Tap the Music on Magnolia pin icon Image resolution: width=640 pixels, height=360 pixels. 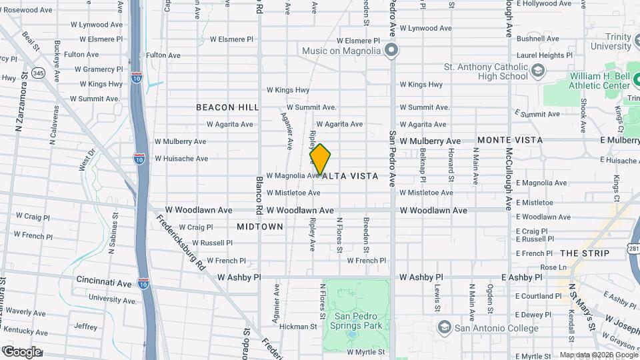[391, 51]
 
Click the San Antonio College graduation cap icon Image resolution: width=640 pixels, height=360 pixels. [444, 327]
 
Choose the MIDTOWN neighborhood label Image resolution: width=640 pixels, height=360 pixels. [260, 227]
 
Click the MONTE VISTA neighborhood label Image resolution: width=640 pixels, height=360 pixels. [510, 140]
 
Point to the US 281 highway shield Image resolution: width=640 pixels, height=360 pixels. [633, 249]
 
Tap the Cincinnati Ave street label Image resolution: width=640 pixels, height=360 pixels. [104, 282]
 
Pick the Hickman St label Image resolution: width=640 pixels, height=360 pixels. [298, 327]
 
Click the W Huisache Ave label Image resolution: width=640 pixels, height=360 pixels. [181, 159]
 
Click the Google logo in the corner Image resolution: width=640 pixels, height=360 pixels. [23, 351]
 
